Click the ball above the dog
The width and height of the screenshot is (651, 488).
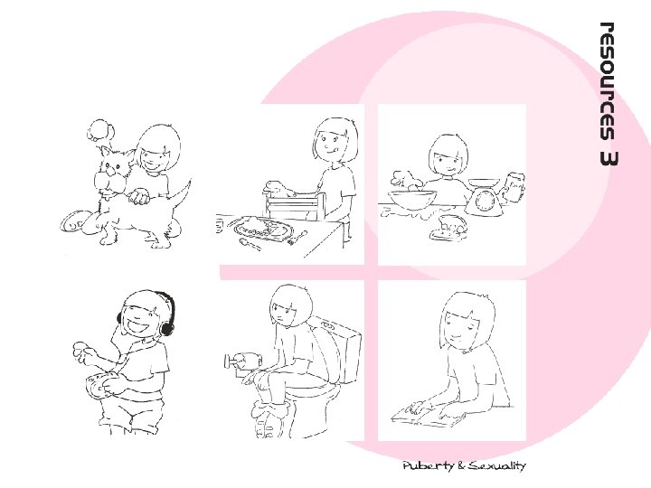[100, 130]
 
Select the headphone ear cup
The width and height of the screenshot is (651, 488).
[167, 327]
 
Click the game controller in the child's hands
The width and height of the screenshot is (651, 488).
[99, 385]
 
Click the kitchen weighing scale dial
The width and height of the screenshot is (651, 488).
[485, 202]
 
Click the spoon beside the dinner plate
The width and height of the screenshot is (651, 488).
[250, 244]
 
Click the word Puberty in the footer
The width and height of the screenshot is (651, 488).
[428, 466]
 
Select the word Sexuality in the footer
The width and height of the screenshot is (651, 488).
[497, 465]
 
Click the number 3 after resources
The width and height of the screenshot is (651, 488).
[608, 158]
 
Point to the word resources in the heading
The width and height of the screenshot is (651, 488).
[608, 81]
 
